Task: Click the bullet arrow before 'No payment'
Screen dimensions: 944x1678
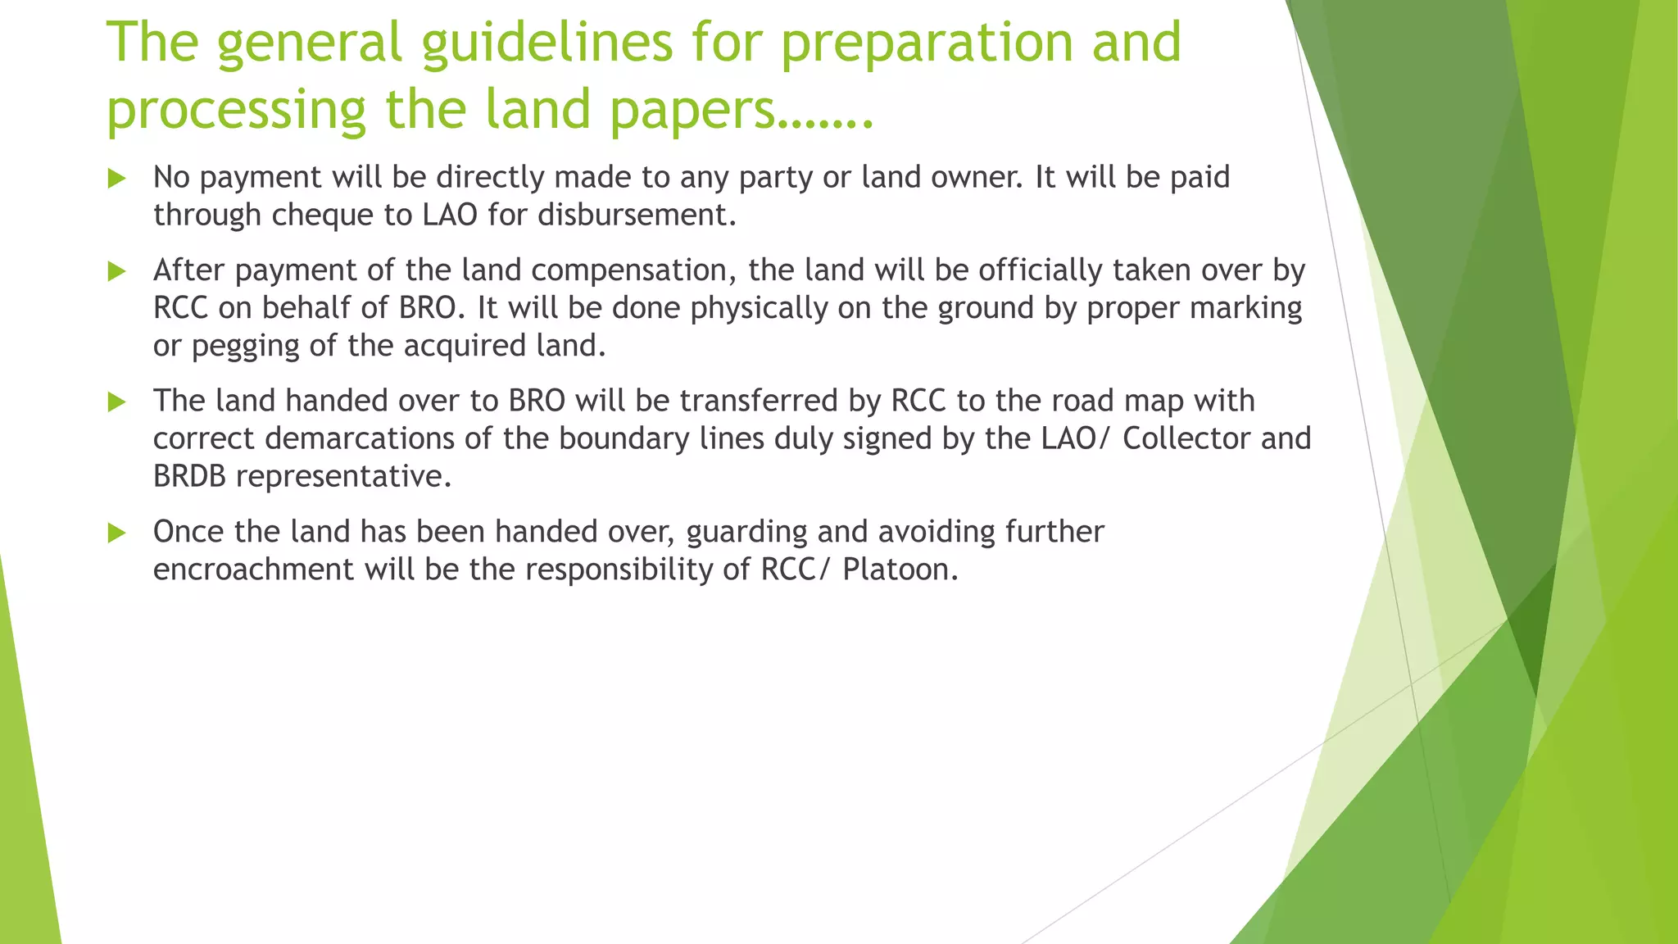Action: (117, 179)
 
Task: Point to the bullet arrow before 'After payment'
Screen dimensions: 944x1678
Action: (117, 271)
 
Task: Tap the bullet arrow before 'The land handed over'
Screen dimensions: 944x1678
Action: (117, 402)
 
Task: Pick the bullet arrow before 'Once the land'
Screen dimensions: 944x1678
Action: (117, 533)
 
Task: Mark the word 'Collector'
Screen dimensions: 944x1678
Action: (1186, 439)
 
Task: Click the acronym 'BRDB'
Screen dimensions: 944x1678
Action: (189, 477)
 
